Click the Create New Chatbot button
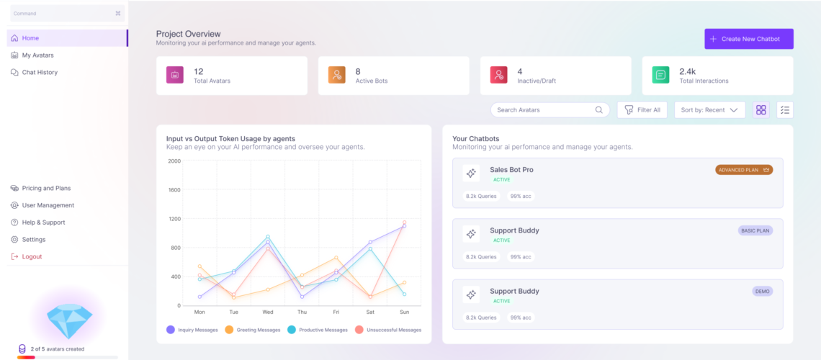click(x=748, y=39)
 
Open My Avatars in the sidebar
click(x=37, y=55)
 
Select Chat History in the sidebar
click(x=40, y=73)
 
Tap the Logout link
click(x=32, y=257)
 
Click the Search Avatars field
click(x=544, y=110)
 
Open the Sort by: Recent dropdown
click(x=709, y=110)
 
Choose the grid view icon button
click(x=761, y=110)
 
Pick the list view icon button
click(x=785, y=110)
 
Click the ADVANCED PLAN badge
click(x=743, y=170)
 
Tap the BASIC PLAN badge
click(x=755, y=231)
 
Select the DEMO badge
click(x=762, y=292)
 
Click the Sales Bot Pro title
click(x=511, y=170)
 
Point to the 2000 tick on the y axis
click(x=174, y=161)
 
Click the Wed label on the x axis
click(x=268, y=312)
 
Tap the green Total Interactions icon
click(x=660, y=75)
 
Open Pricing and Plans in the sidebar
click(x=46, y=189)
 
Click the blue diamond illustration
click(x=69, y=316)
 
